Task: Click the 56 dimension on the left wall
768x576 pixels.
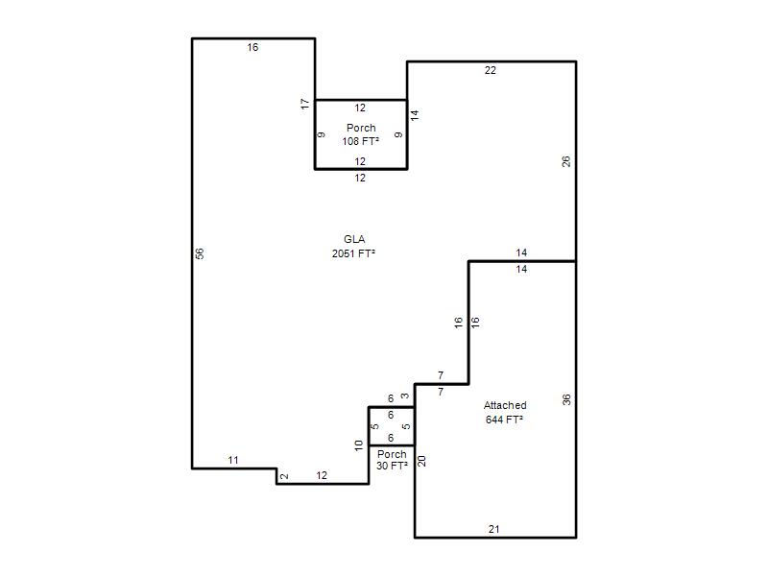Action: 200,253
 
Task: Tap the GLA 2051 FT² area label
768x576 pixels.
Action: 353,247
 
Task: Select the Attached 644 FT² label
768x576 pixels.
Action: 505,413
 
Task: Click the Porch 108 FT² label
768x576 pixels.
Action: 361,134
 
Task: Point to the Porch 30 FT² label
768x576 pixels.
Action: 392,460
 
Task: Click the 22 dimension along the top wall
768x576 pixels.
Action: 491,70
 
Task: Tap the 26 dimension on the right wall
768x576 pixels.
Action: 566,161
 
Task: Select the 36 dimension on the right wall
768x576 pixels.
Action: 566,400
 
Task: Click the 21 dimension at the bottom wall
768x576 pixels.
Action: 494,530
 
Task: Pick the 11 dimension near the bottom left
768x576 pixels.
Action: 233,461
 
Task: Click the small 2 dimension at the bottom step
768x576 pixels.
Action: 284,476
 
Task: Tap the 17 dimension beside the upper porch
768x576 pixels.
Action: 305,104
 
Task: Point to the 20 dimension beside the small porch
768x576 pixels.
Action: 421,461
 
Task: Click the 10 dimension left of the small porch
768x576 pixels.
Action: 359,445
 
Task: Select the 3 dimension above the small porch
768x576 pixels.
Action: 405,396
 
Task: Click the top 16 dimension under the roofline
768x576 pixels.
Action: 252,47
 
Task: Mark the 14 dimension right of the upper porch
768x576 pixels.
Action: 415,115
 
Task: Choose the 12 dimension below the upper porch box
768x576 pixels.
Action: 360,179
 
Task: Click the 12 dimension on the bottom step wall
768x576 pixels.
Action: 322,475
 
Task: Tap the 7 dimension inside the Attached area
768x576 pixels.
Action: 441,392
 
